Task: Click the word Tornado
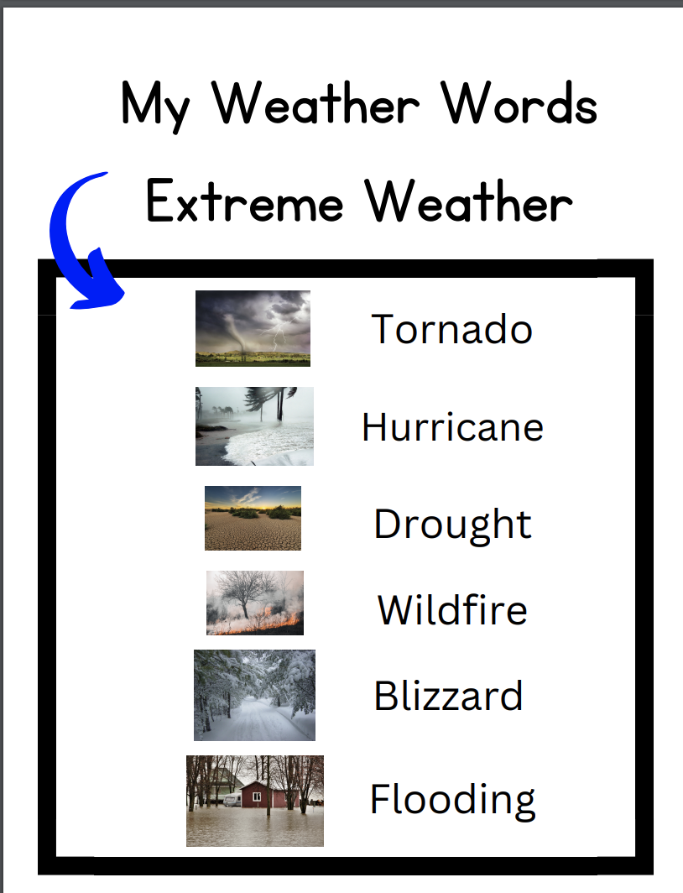click(x=451, y=328)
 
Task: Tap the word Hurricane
click(x=452, y=426)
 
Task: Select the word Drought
click(x=452, y=524)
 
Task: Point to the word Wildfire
click(x=452, y=609)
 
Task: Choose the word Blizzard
click(x=448, y=696)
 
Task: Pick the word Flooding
click(x=452, y=799)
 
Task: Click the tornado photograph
click(x=253, y=328)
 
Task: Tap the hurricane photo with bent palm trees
click(x=254, y=426)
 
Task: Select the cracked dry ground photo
click(x=253, y=518)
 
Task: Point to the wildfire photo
click(x=254, y=603)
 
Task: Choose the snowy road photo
click(x=254, y=695)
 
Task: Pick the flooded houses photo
click(x=254, y=801)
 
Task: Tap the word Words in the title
click(x=520, y=106)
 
